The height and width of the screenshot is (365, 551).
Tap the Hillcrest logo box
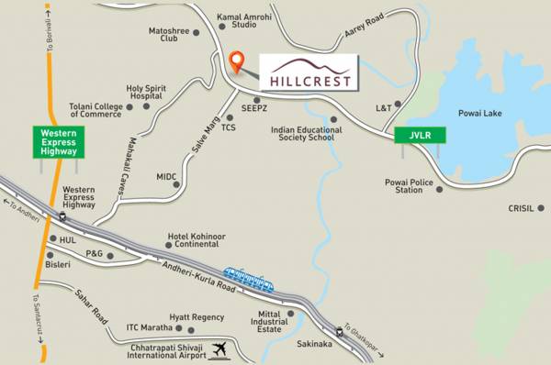(x=306, y=71)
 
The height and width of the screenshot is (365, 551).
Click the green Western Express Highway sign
(x=60, y=142)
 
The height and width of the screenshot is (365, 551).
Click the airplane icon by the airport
(x=219, y=349)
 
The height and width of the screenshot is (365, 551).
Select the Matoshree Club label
(x=168, y=36)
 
